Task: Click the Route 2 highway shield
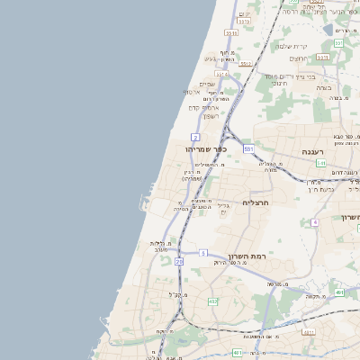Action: point(195,137)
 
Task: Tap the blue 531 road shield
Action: point(248,148)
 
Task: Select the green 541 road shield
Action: point(321,164)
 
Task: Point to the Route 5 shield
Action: point(204,253)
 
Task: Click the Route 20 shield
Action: point(179,261)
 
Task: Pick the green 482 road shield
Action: point(212,301)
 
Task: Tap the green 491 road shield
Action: point(339,292)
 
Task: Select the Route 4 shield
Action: point(314,221)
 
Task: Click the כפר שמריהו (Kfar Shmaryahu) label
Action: point(206,149)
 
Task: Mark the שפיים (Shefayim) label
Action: point(207,84)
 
